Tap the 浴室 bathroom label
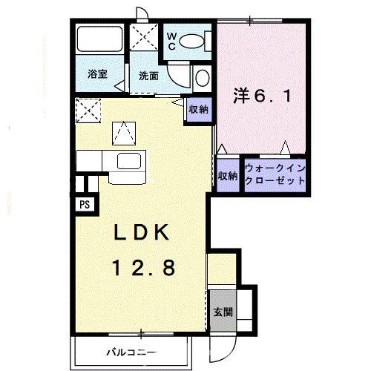(97, 73)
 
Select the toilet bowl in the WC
(195, 40)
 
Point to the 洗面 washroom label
(148, 75)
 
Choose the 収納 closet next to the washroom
(197, 110)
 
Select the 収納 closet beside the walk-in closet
(228, 175)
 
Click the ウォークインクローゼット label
(275, 175)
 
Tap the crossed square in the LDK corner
(91, 111)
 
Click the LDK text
(143, 233)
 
